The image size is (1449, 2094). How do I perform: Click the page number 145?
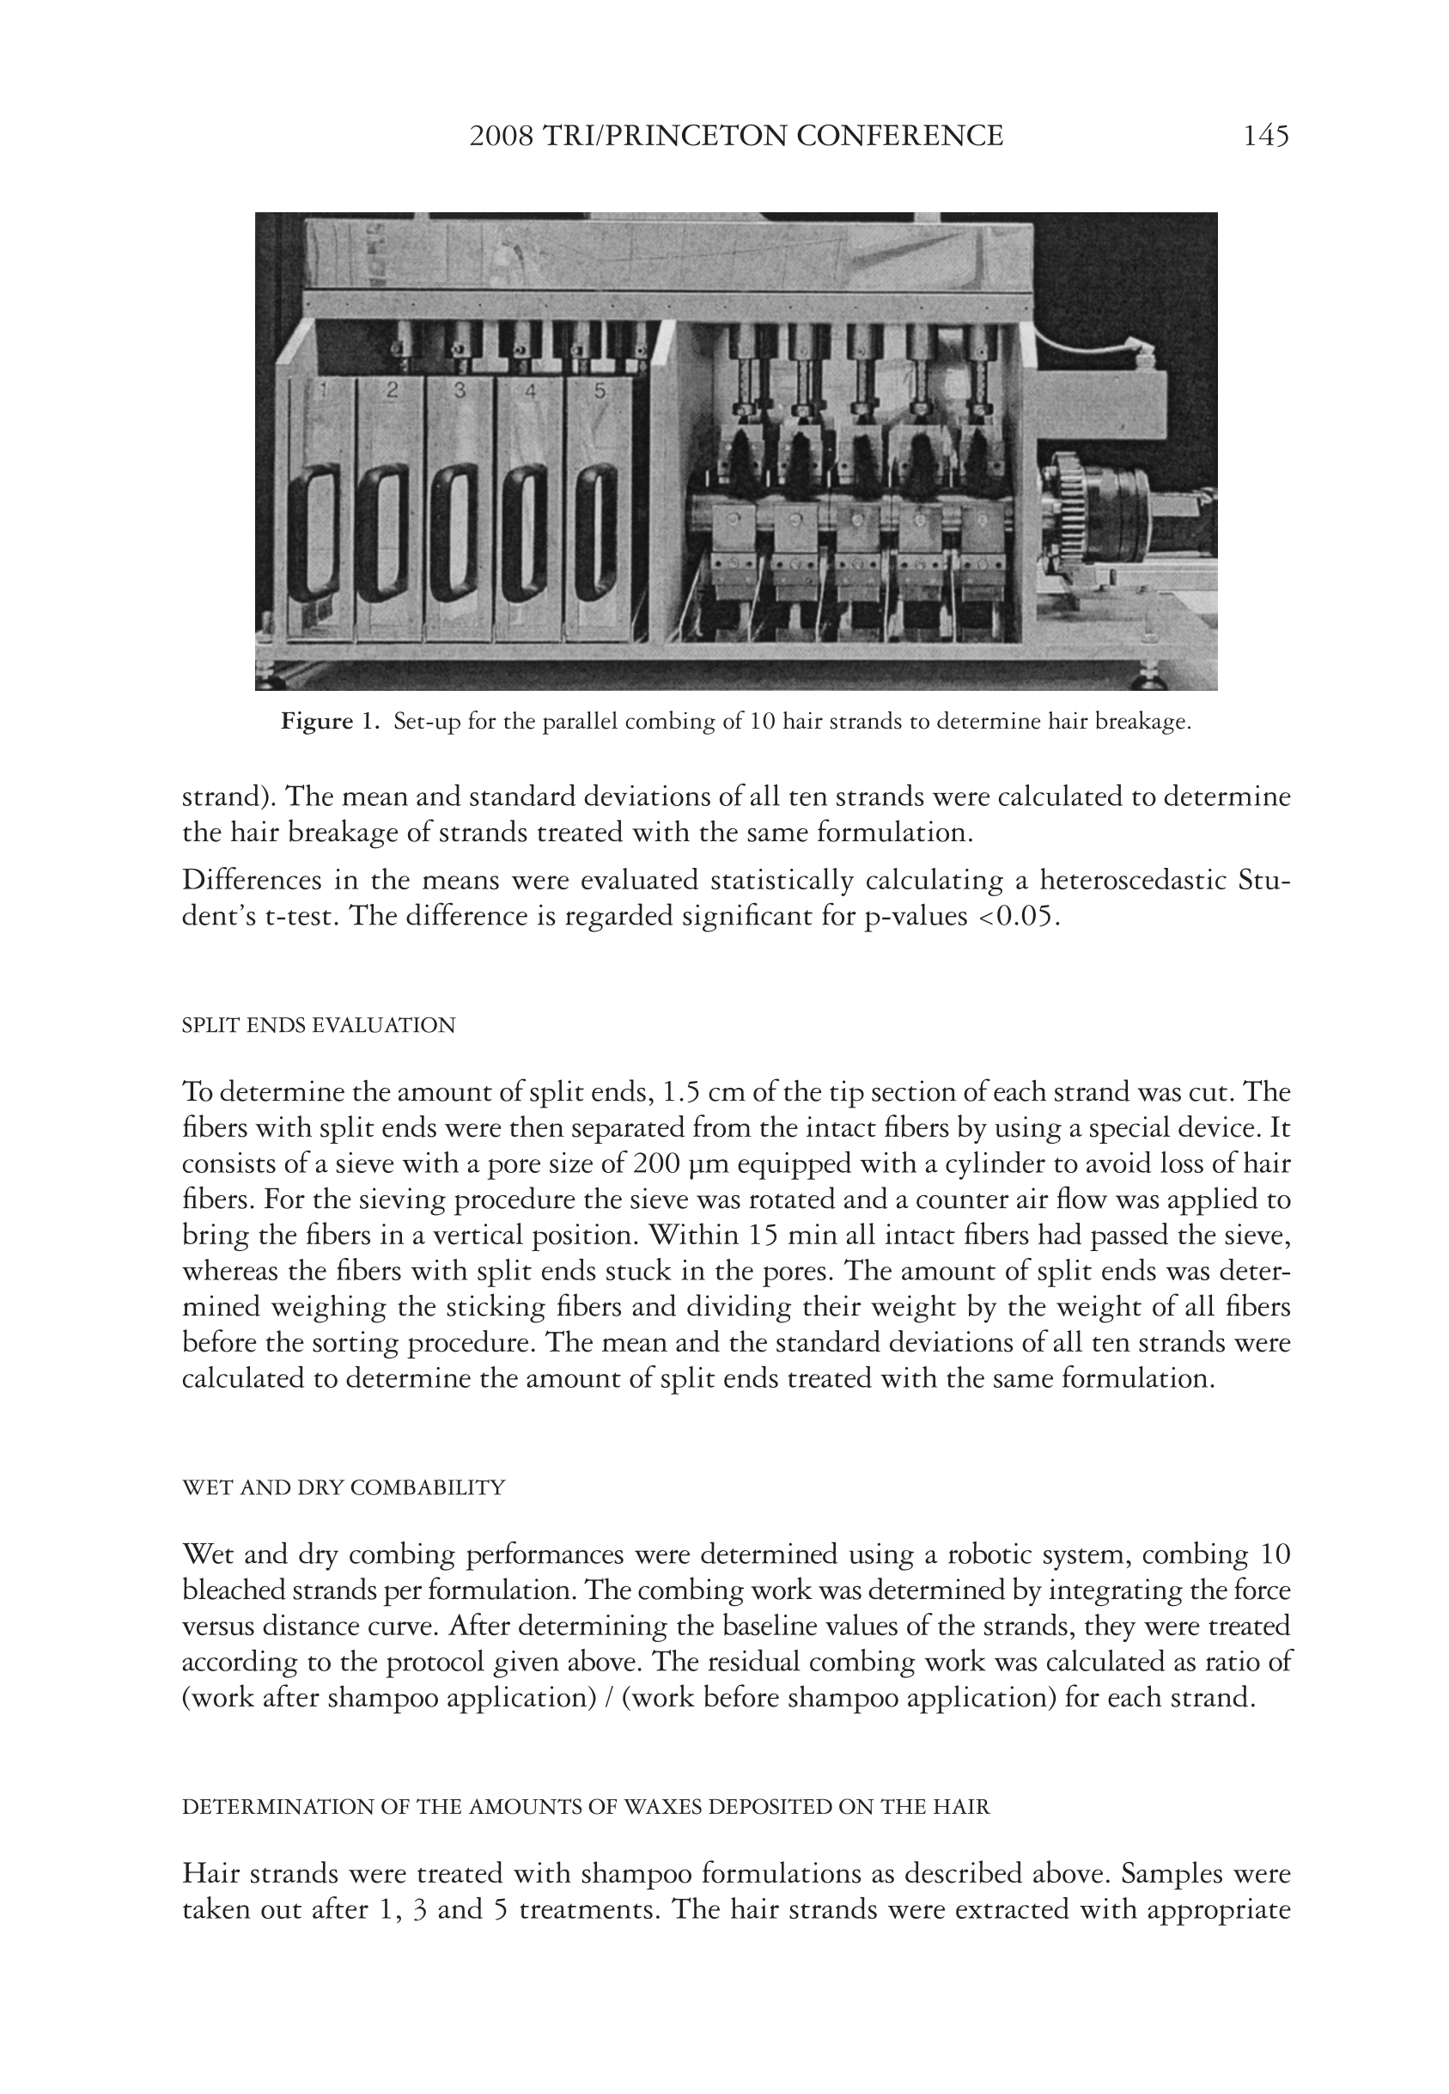pyautogui.click(x=1265, y=137)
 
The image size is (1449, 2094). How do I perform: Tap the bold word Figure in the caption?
pyautogui.click(x=317, y=722)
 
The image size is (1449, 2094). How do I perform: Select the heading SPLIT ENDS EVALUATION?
pyautogui.click(x=319, y=1025)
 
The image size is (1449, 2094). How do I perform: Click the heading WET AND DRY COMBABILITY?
pyautogui.click(x=344, y=1487)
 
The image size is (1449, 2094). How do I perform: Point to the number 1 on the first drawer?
pyautogui.click(x=321, y=390)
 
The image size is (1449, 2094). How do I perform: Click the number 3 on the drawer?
pyautogui.click(x=460, y=390)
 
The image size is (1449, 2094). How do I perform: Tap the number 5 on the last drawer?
pyautogui.click(x=600, y=390)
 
